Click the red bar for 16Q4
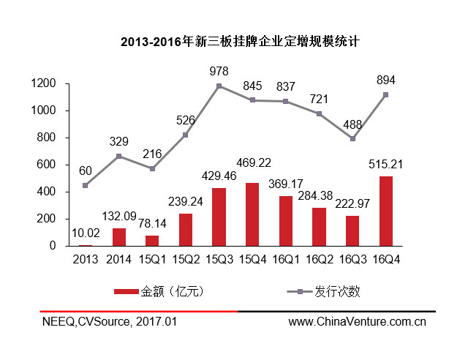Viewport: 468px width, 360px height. [x=385, y=211]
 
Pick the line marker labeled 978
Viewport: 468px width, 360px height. [x=219, y=86]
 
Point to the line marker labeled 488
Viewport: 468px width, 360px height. [x=352, y=138]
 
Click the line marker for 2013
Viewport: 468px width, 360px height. [x=86, y=186]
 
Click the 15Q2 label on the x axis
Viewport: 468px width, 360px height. [x=186, y=259]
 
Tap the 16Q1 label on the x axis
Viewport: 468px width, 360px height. [x=286, y=259]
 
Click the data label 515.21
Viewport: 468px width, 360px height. [x=385, y=166]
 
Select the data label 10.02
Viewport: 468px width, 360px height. [x=86, y=234]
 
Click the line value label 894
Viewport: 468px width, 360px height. [x=385, y=80]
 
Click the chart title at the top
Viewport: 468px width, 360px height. [x=234, y=42]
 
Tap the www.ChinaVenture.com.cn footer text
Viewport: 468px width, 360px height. [x=358, y=321]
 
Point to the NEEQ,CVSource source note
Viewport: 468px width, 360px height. [x=108, y=321]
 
